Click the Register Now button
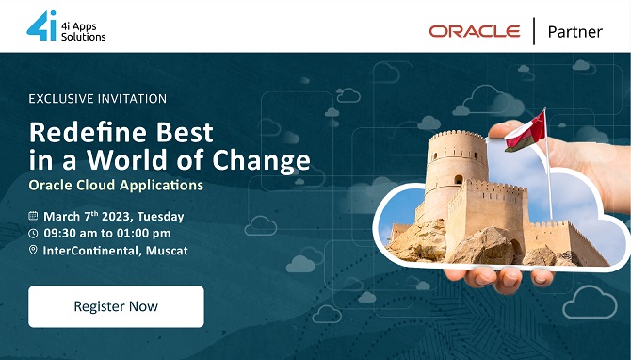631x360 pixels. point(116,306)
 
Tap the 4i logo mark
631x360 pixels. point(41,25)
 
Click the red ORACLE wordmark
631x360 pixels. point(475,31)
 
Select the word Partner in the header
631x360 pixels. point(574,31)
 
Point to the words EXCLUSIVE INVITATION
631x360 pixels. point(98,98)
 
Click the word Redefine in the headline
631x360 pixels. point(84,130)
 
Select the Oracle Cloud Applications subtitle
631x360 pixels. point(116,185)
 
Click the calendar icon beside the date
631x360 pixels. point(34,216)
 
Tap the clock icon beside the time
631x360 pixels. point(34,233)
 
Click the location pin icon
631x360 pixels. point(34,250)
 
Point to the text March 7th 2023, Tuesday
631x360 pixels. point(113,216)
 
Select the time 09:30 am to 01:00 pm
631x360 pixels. point(106,233)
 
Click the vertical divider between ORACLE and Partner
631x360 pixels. point(535,31)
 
